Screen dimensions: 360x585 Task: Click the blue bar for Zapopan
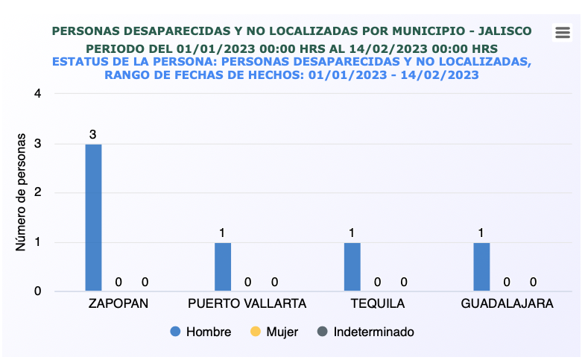pyautogui.click(x=93, y=217)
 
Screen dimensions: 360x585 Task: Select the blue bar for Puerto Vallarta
pyautogui.click(x=223, y=266)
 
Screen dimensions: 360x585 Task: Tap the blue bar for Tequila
pyautogui.click(x=352, y=266)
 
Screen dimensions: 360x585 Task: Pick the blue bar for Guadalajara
pyautogui.click(x=481, y=266)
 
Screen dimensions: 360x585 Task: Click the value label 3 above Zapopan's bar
pyautogui.click(x=93, y=134)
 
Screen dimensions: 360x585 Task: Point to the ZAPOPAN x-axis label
pyautogui.click(x=118, y=304)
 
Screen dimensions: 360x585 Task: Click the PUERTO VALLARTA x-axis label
pyautogui.click(x=247, y=304)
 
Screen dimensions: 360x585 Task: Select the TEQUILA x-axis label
pyautogui.click(x=377, y=304)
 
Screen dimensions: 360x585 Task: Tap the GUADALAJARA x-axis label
pyautogui.click(x=507, y=304)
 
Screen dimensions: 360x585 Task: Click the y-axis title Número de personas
pyautogui.click(x=22, y=192)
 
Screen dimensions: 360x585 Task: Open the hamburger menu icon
pyautogui.click(x=563, y=32)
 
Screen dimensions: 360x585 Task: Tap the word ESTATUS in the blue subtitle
pyautogui.click(x=83, y=61)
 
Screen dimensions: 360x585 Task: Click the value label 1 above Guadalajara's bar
pyautogui.click(x=481, y=233)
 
